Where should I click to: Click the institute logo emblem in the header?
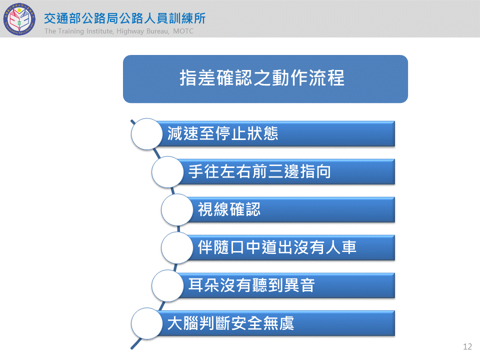19,19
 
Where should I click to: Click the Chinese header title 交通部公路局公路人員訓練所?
124,18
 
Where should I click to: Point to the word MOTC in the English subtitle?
183,31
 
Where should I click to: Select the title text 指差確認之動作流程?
262,78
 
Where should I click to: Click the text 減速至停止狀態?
222,133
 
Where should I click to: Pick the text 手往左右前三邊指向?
259,171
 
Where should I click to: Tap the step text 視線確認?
229,209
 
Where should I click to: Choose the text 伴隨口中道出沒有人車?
277,247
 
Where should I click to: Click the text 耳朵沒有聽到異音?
251,285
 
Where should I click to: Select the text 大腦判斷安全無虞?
230,323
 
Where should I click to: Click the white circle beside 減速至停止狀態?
146,134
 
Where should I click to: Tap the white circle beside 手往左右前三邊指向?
167,171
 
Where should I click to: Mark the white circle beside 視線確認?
177,209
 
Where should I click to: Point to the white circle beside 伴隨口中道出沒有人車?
177,247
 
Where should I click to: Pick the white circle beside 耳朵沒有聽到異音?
167,285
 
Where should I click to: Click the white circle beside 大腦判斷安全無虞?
146,323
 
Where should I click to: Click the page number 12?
467,346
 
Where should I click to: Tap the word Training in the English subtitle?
71,31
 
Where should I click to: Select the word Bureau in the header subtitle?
157,31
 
